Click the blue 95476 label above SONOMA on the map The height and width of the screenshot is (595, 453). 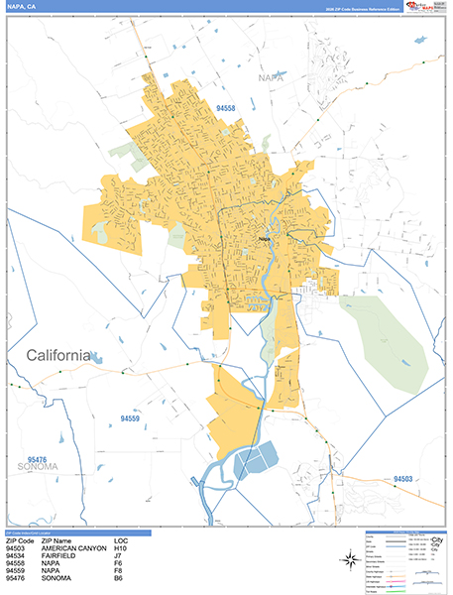(39, 459)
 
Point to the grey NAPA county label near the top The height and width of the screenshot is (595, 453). (270, 76)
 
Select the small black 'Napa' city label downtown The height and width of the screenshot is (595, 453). (265, 238)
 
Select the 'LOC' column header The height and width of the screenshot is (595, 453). (122, 540)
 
